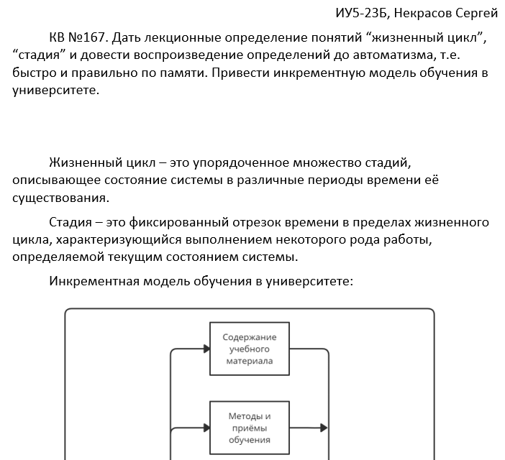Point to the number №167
tap(89, 38)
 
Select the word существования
tap(61, 197)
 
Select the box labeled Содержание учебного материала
tap(250, 349)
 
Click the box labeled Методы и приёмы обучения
tap(250, 427)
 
